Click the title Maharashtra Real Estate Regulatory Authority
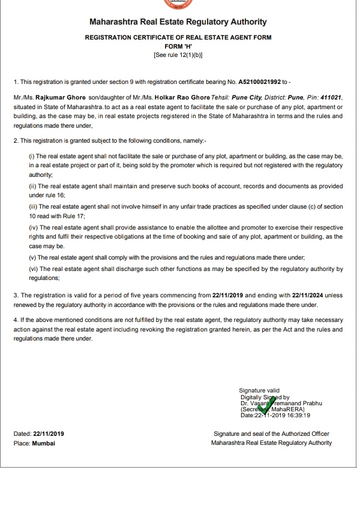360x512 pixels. tap(178, 22)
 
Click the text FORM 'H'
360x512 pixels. tap(178, 46)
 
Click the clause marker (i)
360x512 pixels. tap(32, 155)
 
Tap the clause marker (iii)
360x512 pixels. tap(34, 206)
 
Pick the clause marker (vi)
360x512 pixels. tap(34, 269)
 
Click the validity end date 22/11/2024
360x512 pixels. tap(308, 296)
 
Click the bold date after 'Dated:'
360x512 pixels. tap(49, 433)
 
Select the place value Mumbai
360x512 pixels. tap(44, 443)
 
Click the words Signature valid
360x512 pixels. tap(259, 391)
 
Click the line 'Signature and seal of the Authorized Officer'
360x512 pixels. tap(271, 433)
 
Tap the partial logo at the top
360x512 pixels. tap(178, 3)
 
